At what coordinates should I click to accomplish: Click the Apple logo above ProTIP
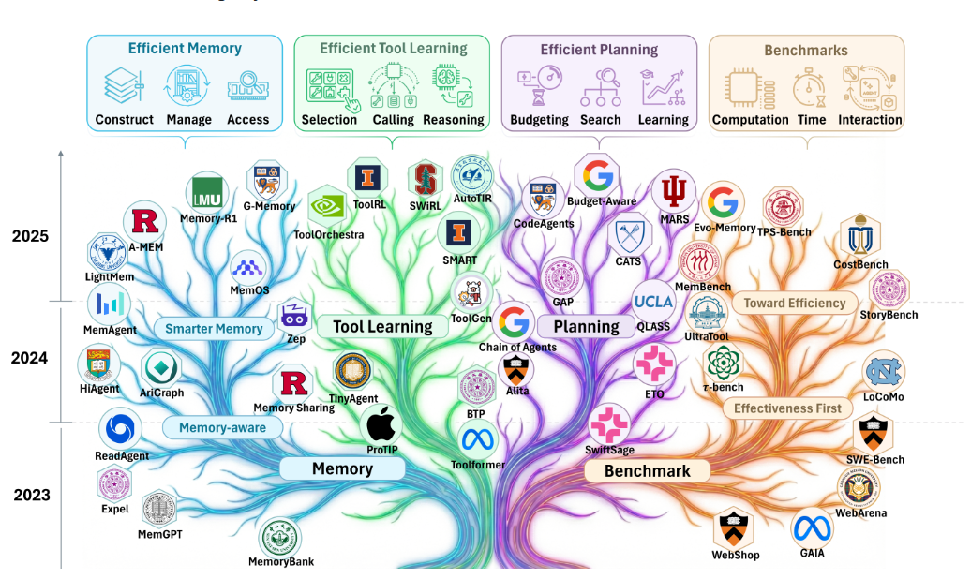click(381, 425)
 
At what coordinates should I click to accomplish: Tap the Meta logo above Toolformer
click(477, 438)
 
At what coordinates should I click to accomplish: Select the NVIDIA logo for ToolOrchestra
click(327, 206)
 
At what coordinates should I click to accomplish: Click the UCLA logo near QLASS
click(653, 302)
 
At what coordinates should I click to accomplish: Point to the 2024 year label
click(30, 357)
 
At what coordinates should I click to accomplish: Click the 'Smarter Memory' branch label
click(214, 329)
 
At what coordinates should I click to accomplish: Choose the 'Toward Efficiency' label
click(794, 303)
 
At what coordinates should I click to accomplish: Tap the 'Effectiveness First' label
click(787, 408)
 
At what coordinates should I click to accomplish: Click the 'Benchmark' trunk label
click(647, 470)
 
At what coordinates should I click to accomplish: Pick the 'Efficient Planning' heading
click(599, 50)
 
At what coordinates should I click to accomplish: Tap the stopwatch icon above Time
click(808, 87)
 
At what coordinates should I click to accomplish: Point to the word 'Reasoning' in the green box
click(454, 120)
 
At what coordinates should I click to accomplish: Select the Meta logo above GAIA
click(812, 529)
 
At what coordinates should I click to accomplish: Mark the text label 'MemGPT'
click(159, 534)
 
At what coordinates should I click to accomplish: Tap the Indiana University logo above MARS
click(672, 192)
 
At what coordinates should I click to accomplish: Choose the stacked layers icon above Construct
click(123, 87)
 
